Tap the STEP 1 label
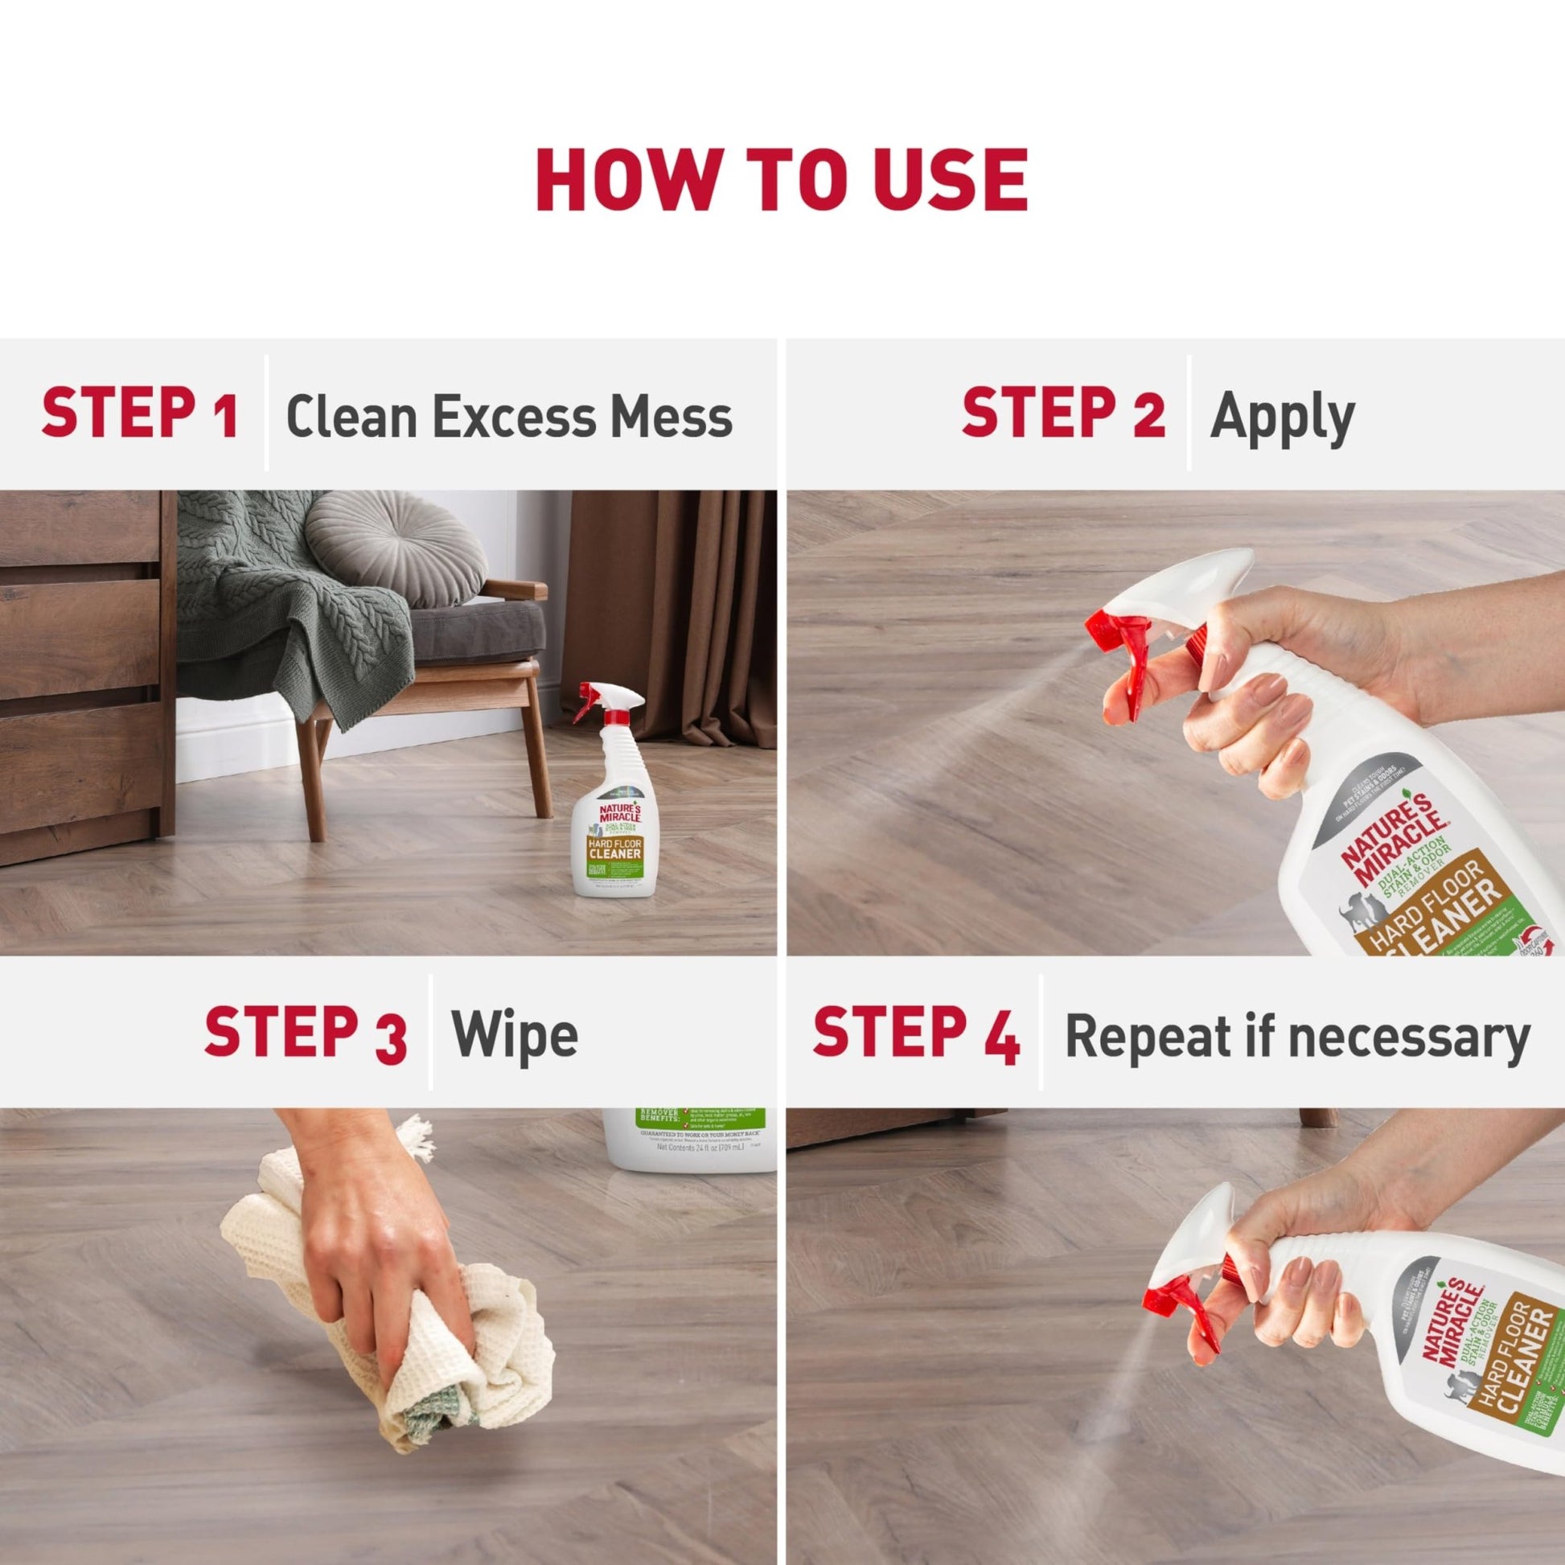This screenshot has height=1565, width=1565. point(139,414)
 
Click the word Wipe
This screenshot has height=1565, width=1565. point(515,1035)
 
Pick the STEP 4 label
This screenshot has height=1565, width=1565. point(915,1034)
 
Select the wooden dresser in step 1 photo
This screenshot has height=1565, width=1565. point(81,672)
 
